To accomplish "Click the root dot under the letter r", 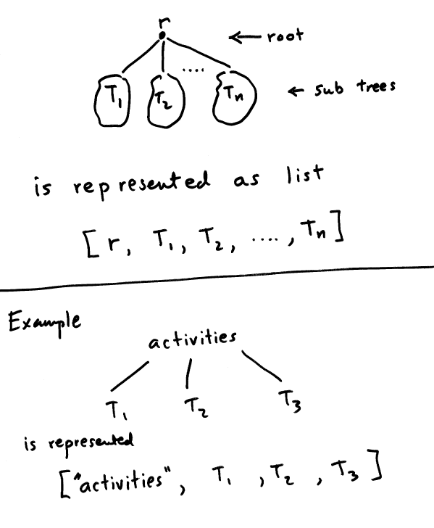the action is (x=162, y=35).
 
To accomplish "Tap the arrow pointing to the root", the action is (x=245, y=37).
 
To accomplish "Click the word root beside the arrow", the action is (x=285, y=36).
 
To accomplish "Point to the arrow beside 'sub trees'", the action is (x=296, y=91).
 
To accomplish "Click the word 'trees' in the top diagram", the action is (x=376, y=86).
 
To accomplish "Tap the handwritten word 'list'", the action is (x=304, y=175).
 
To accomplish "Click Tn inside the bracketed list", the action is (x=313, y=229).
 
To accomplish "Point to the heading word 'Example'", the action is (x=44, y=322).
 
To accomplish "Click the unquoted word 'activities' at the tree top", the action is (x=193, y=339).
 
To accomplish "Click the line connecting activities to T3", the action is (x=262, y=366).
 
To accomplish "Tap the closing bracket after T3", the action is (x=375, y=465).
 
